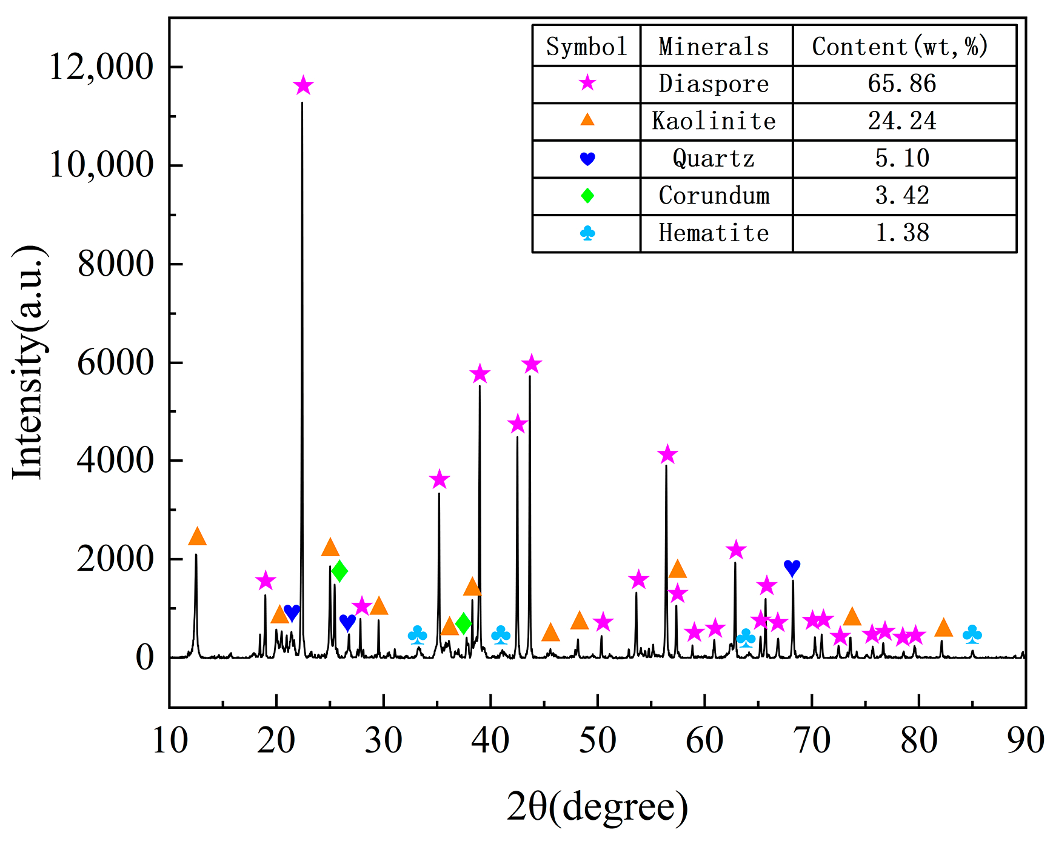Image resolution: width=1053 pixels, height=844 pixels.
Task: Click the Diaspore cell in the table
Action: [714, 84]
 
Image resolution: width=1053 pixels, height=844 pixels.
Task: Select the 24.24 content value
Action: [902, 121]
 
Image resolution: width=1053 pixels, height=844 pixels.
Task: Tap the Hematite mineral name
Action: [714, 233]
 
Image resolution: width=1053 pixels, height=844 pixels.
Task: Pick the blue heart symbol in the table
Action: [587, 159]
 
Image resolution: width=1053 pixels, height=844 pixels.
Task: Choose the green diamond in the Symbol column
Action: [587, 196]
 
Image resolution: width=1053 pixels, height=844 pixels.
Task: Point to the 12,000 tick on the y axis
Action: [101, 67]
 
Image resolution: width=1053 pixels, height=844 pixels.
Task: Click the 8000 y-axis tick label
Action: [115, 264]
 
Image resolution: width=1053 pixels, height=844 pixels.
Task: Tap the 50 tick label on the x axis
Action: [597, 740]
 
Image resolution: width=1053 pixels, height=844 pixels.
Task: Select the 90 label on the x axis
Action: [1025, 740]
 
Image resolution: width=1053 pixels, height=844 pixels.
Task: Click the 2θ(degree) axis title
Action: [597, 807]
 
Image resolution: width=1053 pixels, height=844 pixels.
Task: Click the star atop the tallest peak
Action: [303, 86]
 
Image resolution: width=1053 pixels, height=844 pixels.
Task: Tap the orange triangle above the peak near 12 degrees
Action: [197, 537]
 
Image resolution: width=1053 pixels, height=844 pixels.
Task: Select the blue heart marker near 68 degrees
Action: [792, 568]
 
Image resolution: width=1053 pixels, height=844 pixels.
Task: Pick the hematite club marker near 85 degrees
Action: [972, 635]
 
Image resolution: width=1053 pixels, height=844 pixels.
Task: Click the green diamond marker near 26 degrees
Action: [339, 571]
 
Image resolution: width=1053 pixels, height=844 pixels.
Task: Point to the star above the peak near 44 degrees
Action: [531, 364]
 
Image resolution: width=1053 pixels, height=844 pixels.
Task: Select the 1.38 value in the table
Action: [902, 233]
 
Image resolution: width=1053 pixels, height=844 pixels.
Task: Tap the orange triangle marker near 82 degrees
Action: [943, 628]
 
